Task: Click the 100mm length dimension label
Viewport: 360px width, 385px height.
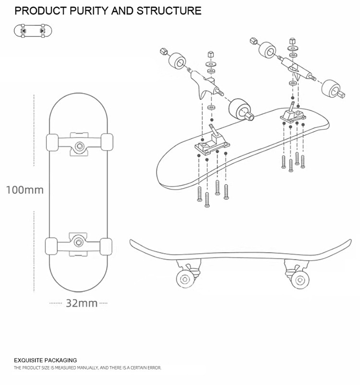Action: [24, 190]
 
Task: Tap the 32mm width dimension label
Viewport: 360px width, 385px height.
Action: [82, 303]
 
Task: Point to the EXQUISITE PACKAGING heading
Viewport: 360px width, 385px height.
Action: [45, 360]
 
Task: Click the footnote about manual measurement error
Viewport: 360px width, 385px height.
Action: [87, 368]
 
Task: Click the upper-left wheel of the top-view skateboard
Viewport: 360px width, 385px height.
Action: [52, 143]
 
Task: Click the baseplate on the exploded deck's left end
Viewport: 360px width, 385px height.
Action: [211, 145]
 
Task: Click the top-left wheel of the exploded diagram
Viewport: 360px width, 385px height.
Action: [178, 61]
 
